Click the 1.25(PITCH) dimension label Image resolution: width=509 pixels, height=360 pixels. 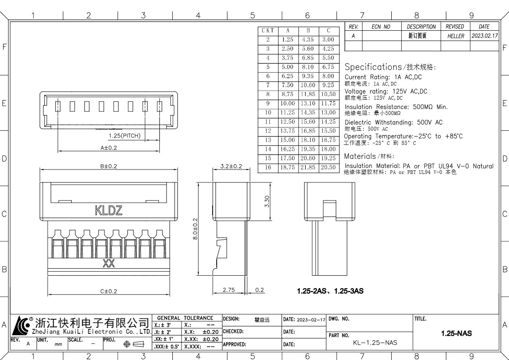click(x=125, y=136)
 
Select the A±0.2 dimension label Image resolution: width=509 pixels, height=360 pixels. click(x=108, y=148)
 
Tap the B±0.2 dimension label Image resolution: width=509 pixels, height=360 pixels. click(x=108, y=166)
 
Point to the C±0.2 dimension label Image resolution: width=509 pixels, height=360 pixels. click(x=108, y=291)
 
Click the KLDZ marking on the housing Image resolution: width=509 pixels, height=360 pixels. click(x=108, y=210)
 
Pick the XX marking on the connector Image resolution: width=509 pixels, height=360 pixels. click(x=108, y=264)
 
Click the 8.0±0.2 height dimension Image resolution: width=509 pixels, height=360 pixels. click(x=195, y=229)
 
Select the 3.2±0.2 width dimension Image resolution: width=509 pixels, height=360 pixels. click(x=231, y=166)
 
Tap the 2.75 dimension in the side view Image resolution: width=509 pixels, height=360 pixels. click(x=229, y=290)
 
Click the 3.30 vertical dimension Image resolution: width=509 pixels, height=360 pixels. click(x=267, y=201)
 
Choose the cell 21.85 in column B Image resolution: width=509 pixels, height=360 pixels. click(x=308, y=167)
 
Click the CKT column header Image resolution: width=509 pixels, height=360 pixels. click(x=268, y=31)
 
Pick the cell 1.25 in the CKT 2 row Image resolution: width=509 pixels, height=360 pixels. click(x=288, y=40)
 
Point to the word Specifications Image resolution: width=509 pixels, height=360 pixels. click(x=373, y=67)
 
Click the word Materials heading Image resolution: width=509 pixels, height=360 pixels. click(x=360, y=156)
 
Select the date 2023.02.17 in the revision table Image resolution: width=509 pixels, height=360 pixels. click(x=484, y=36)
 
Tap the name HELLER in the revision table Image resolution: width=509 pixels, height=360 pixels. click(x=456, y=36)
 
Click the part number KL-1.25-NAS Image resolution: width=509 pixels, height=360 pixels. click(x=375, y=343)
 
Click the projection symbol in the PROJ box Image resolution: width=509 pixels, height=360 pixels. click(x=134, y=344)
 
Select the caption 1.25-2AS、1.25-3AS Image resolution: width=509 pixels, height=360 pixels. click(x=330, y=291)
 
